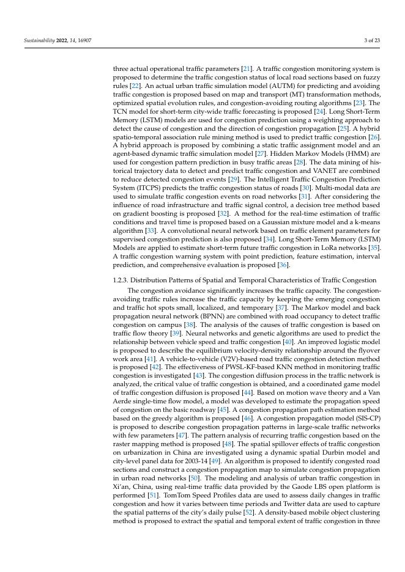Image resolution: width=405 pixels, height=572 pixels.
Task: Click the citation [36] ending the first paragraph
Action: (282, 266)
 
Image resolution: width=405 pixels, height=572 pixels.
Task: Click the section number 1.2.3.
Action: (122, 280)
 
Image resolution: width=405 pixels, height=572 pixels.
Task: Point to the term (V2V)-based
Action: (214, 369)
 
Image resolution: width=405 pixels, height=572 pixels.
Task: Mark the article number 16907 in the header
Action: (83, 40)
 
